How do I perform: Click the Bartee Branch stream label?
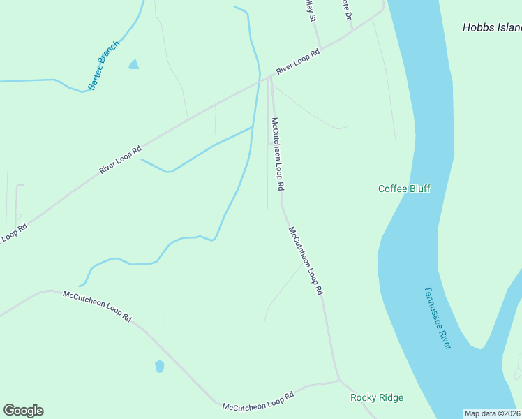point(104,65)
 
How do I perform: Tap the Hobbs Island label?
point(492,28)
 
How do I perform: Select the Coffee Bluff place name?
point(404,189)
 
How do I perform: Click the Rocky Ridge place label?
point(376,397)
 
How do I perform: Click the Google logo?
point(23,411)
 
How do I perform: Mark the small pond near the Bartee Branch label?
point(133,65)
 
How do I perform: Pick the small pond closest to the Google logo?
point(159,366)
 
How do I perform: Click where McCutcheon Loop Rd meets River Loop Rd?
point(269,78)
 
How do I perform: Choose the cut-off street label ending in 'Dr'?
point(345,8)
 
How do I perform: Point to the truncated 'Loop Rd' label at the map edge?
point(13,232)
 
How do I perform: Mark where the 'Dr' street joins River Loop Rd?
point(352,32)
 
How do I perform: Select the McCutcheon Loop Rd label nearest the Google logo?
point(97,305)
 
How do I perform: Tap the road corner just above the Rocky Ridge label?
point(338,381)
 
